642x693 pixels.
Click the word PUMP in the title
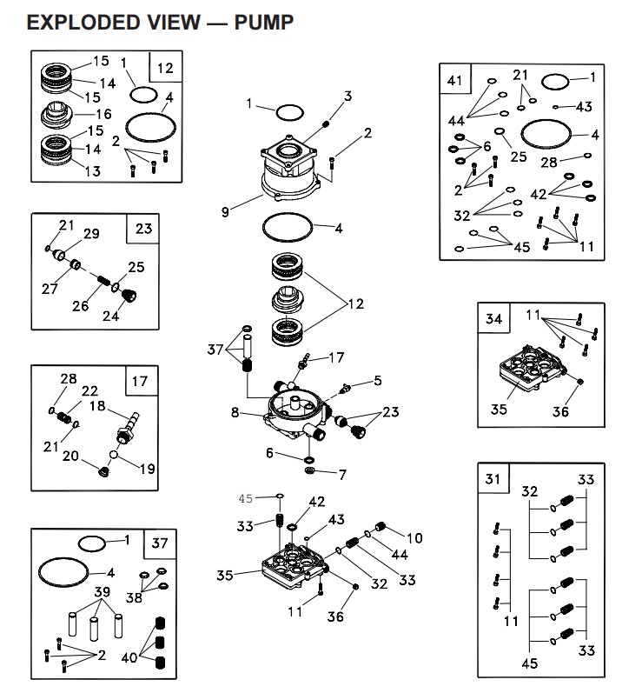click(x=263, y=22)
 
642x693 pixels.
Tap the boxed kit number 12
click(x=165, y=67)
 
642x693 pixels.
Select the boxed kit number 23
click(x=143, y=230)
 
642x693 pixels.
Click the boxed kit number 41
click(x=454, y=81)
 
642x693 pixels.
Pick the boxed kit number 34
click(x=493, y=319)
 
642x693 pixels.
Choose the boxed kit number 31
click(x=493, y=479)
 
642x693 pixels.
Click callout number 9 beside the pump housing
click(x=225, y=211)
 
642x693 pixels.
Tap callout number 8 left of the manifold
click(x=234, y=413)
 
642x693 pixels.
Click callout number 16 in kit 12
click(x=103, y=114)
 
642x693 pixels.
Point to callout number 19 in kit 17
click(x=147, y=469)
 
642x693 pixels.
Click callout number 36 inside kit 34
click(x=562, y=411)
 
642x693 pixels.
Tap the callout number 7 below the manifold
click(x=342, y=475)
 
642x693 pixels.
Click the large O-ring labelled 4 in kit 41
click(x=547, y=136)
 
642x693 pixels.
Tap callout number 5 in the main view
click(x=378, y=380)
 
